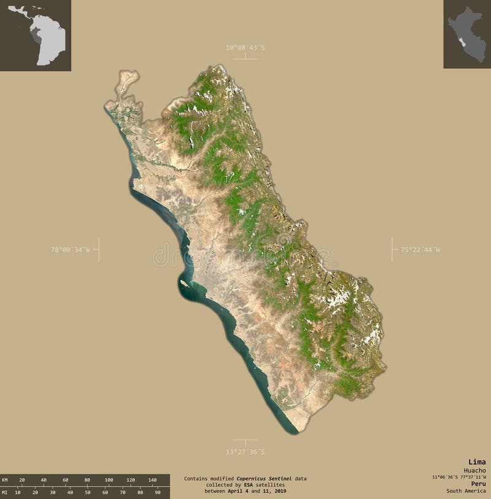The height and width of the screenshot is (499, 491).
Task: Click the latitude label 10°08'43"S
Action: tap(245, 47)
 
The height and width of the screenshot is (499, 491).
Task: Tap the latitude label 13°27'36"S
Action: tap(245, 452)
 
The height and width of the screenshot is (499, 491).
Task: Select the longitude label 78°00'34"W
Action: tap(70, 250)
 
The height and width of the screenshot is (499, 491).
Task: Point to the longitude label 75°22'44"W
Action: tap(420, 250)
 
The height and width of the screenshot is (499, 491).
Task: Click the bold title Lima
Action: tap(477, 462)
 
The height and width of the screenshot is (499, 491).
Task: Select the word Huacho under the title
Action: tap(474, 470)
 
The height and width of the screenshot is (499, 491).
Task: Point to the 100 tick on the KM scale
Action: tap(109, 479)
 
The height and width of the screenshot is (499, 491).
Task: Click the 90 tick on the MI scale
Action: tap(158, 492)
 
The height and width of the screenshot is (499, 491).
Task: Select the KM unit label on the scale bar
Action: tap(5, 479)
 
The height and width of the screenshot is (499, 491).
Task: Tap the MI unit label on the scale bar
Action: tap(5, 492)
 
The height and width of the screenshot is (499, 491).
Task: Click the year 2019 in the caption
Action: tap(279, 491)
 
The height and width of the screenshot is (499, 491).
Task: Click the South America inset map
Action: tap(36, 35)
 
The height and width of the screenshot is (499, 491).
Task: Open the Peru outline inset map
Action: tap(467, 34)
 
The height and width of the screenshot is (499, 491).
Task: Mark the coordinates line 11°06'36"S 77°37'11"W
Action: tap(458, 477)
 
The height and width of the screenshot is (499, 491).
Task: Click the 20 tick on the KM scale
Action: tap(22, 479)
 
